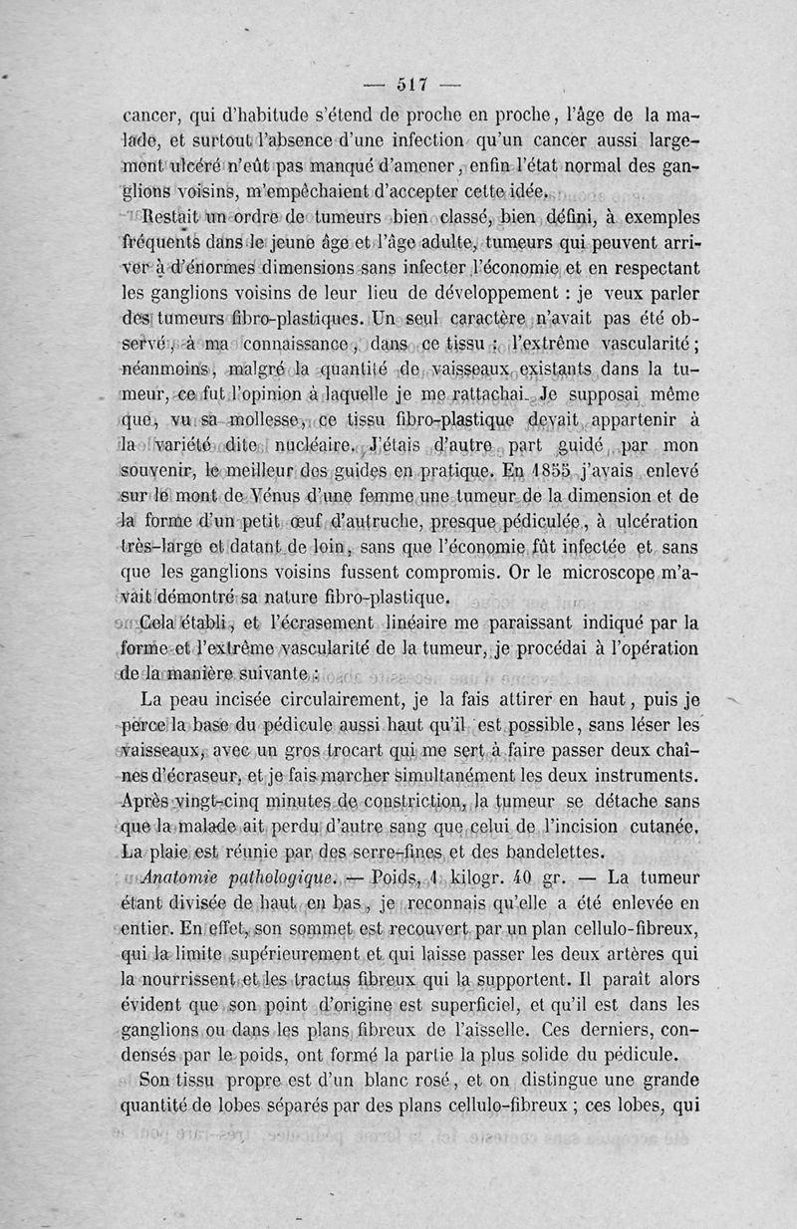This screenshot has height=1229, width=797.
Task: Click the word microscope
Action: point(618,573)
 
